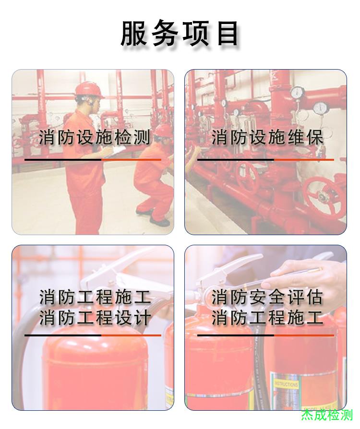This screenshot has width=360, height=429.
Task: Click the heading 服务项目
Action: [180, 34]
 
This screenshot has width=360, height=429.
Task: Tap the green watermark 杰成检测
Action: [327, 415]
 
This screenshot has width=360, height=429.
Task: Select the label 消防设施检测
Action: [95, 137]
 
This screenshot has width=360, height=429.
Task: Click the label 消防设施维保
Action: [267, 137]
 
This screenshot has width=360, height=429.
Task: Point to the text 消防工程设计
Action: [95, 318]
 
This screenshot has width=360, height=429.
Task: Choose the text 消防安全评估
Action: [267, 297]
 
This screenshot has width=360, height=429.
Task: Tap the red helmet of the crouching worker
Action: [163, 131]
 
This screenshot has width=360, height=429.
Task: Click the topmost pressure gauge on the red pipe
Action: [297, 92]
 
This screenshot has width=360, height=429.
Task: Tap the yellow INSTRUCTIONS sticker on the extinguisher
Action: [286, 384]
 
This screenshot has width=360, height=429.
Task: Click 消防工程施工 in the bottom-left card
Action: [95, 297]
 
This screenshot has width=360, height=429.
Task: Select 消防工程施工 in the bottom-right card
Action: [267, 318]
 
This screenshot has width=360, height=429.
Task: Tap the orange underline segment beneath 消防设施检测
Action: [131, 159]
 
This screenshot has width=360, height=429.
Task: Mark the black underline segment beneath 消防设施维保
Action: [236, 159]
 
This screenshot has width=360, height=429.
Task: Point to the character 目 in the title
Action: [227, 34]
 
